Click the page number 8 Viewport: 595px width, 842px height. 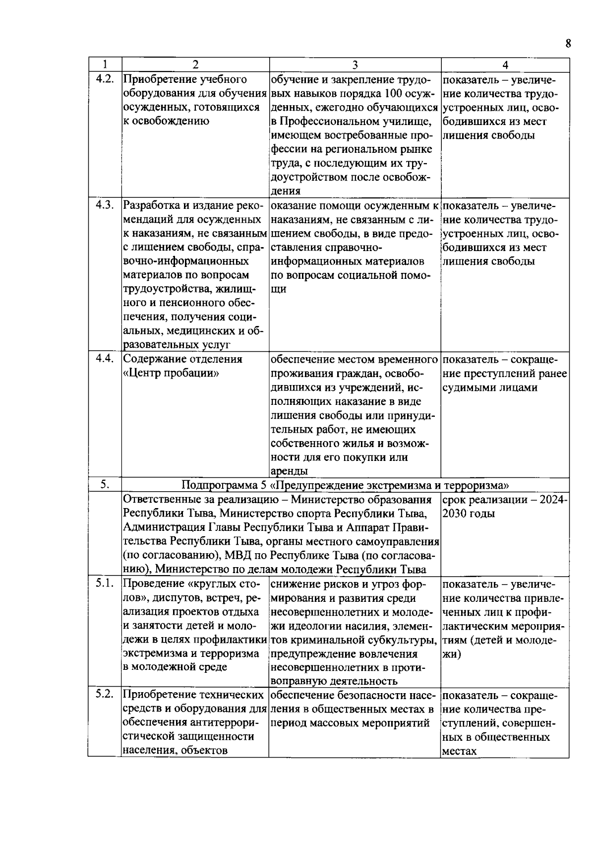[x=568, y=44]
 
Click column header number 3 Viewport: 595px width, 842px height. [x=355, y=65]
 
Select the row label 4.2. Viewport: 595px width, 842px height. [x=105, y=78]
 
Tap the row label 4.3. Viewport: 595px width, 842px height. [x=105, y=205]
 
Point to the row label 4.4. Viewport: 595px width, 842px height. [x=105, y=359]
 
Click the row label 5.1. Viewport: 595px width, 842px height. [x=105, y=583]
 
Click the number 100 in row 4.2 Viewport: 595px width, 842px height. [x=394, y=93]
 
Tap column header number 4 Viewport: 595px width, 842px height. [x=505, y=65]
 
